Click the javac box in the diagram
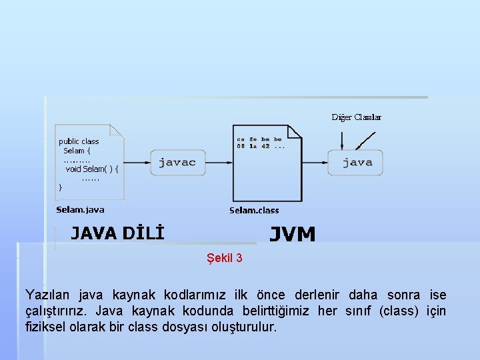pyautogui.click(x=177, y=162)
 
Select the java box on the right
pyautogui.click(x=357, y=162)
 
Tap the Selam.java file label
pyautogui.click(x=80, y=209)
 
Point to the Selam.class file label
pyautogui.click(x=254, y=210)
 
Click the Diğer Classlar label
pyautogui.click(x=357, y=117)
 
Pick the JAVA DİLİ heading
pyautogui.click(x=117, y=233)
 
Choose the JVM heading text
pyautogui.click(x=292, y=234)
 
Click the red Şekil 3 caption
pyautogui.click(x=225, y=258)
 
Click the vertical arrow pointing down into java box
pyautogui.click(x=342, y=140)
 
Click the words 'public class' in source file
pyautogui.click(x=79, y=141)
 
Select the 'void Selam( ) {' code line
pyautogui.click(x=92, y=169)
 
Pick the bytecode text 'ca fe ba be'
pyautogui.click(x=259, y=139)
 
